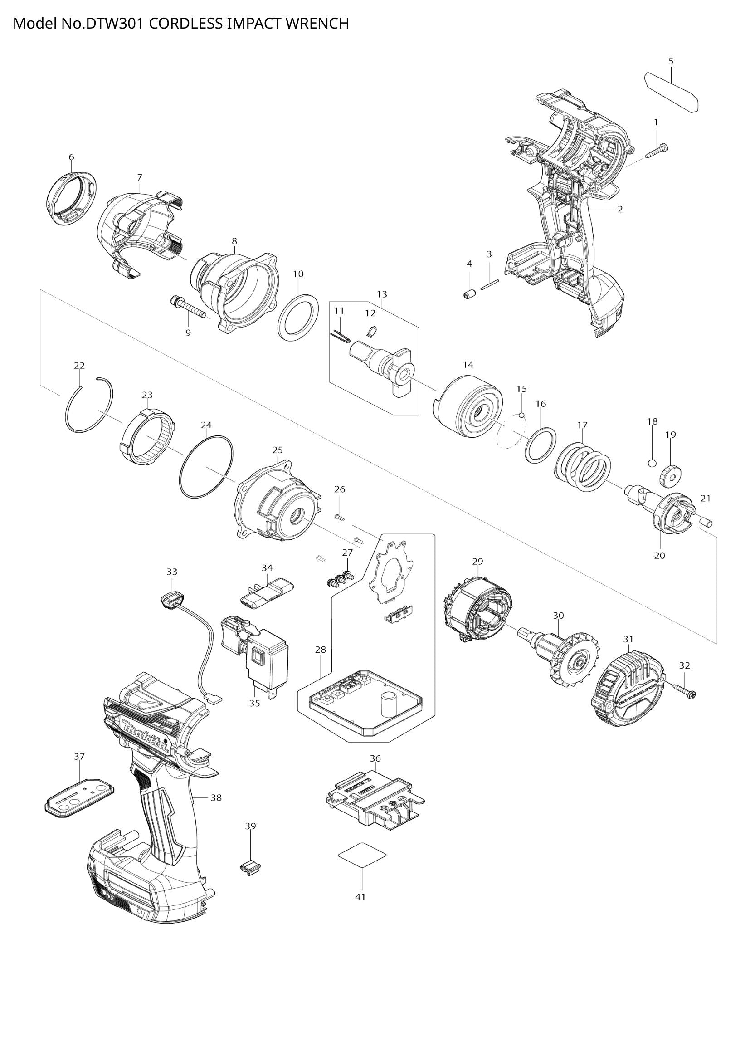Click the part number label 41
[360, 896]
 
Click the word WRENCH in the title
[317, 23]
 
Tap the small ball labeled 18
[652, 463]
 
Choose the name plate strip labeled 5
[671, 92]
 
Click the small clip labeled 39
[249, 867]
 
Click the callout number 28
[321, 649]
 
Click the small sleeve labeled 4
[469, 294]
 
